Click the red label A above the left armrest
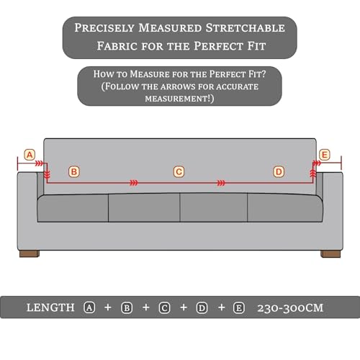tap(30, 155)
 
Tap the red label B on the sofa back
tap(74, 172)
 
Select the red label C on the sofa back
tap(179, 172)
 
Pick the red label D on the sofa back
tap(279, 172)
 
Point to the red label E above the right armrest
tap(325, 155)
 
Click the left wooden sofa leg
tap(30, 253)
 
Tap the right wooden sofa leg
tap(330, 254)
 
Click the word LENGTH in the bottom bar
tap(50, 307)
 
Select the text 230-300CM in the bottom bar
tap(290, 308)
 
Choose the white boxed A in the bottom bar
tap(89, 307)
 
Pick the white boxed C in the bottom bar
tap(165, 308)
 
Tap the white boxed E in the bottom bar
tap(239, 308)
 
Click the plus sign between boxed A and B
tap(108, 307)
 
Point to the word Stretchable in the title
tap(246, 28)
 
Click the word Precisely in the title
tap(104, 28)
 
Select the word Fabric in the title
tap(117, 46)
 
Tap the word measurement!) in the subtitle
tap(179, 99)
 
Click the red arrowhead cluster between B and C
tap(134, 183)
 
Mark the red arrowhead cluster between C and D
tap(221, 183)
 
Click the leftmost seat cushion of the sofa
tap(73, 208)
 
